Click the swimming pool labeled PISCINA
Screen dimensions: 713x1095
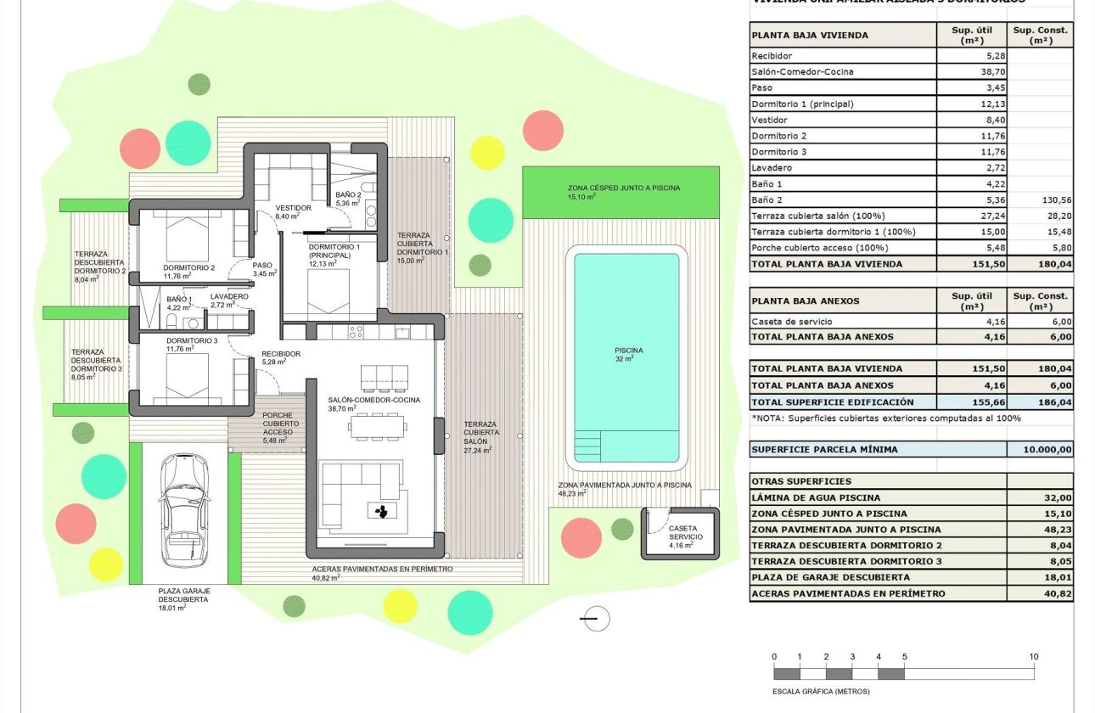(x=626, y=356)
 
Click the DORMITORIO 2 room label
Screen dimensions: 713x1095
(x=188, y=267)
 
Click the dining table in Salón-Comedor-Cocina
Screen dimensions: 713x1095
(x=378, y=425)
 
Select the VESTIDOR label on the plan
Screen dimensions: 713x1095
(x=293, y=208)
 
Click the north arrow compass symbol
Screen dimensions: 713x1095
(x=597, y=619)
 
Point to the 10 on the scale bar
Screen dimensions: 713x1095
(x=1033, y=657)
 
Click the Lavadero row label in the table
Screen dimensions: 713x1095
(x=771, y=168)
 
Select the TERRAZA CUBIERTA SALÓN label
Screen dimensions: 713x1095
(x=481, y=432)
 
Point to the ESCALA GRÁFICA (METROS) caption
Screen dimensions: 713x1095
(x=821, y=691)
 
